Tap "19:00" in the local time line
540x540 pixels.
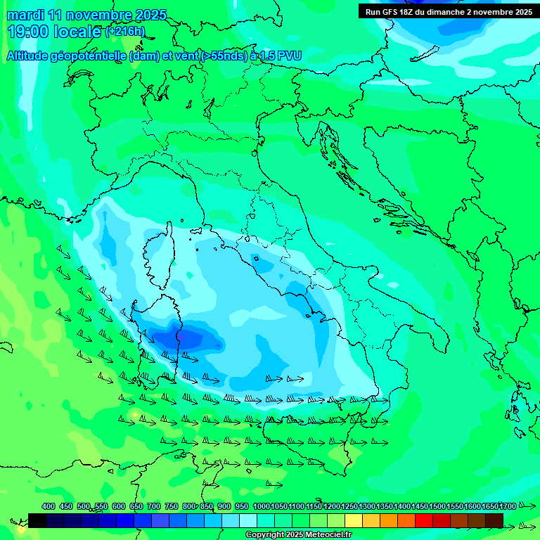coord(28,32)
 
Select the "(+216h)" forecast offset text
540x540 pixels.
coord(124,32)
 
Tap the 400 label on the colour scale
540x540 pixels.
coord(49,506)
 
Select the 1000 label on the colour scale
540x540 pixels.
coord(261,506)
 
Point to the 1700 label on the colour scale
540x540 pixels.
coord(508,506)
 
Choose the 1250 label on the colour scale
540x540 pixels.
coord(349,506)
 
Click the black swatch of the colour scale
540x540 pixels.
coord(37,520)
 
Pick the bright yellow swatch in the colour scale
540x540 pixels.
coord(354,520)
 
